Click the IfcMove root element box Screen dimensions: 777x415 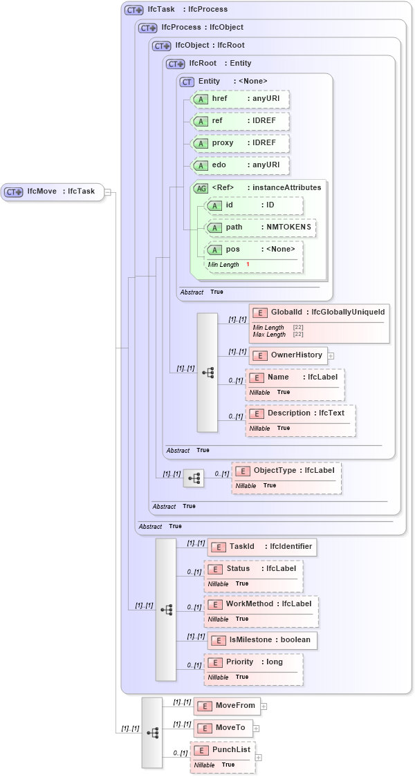point(53,191)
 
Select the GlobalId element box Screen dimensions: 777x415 point(319,313)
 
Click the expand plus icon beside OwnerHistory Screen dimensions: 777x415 point(331,355)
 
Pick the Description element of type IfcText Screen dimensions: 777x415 point(299,413)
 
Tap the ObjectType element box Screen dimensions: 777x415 point(286,471)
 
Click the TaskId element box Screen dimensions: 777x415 point(261,547)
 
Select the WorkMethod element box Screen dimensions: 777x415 point(260,604)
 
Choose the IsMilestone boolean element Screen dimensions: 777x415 point(262,640)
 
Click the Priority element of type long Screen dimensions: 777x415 point(253,662)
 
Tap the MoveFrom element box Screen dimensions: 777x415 point(226,706)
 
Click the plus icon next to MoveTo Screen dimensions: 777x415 point(256,728)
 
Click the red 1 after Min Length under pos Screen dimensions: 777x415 point(248,265)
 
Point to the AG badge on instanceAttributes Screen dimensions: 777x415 point(201,188)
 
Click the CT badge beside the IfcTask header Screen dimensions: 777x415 point(133,10)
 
